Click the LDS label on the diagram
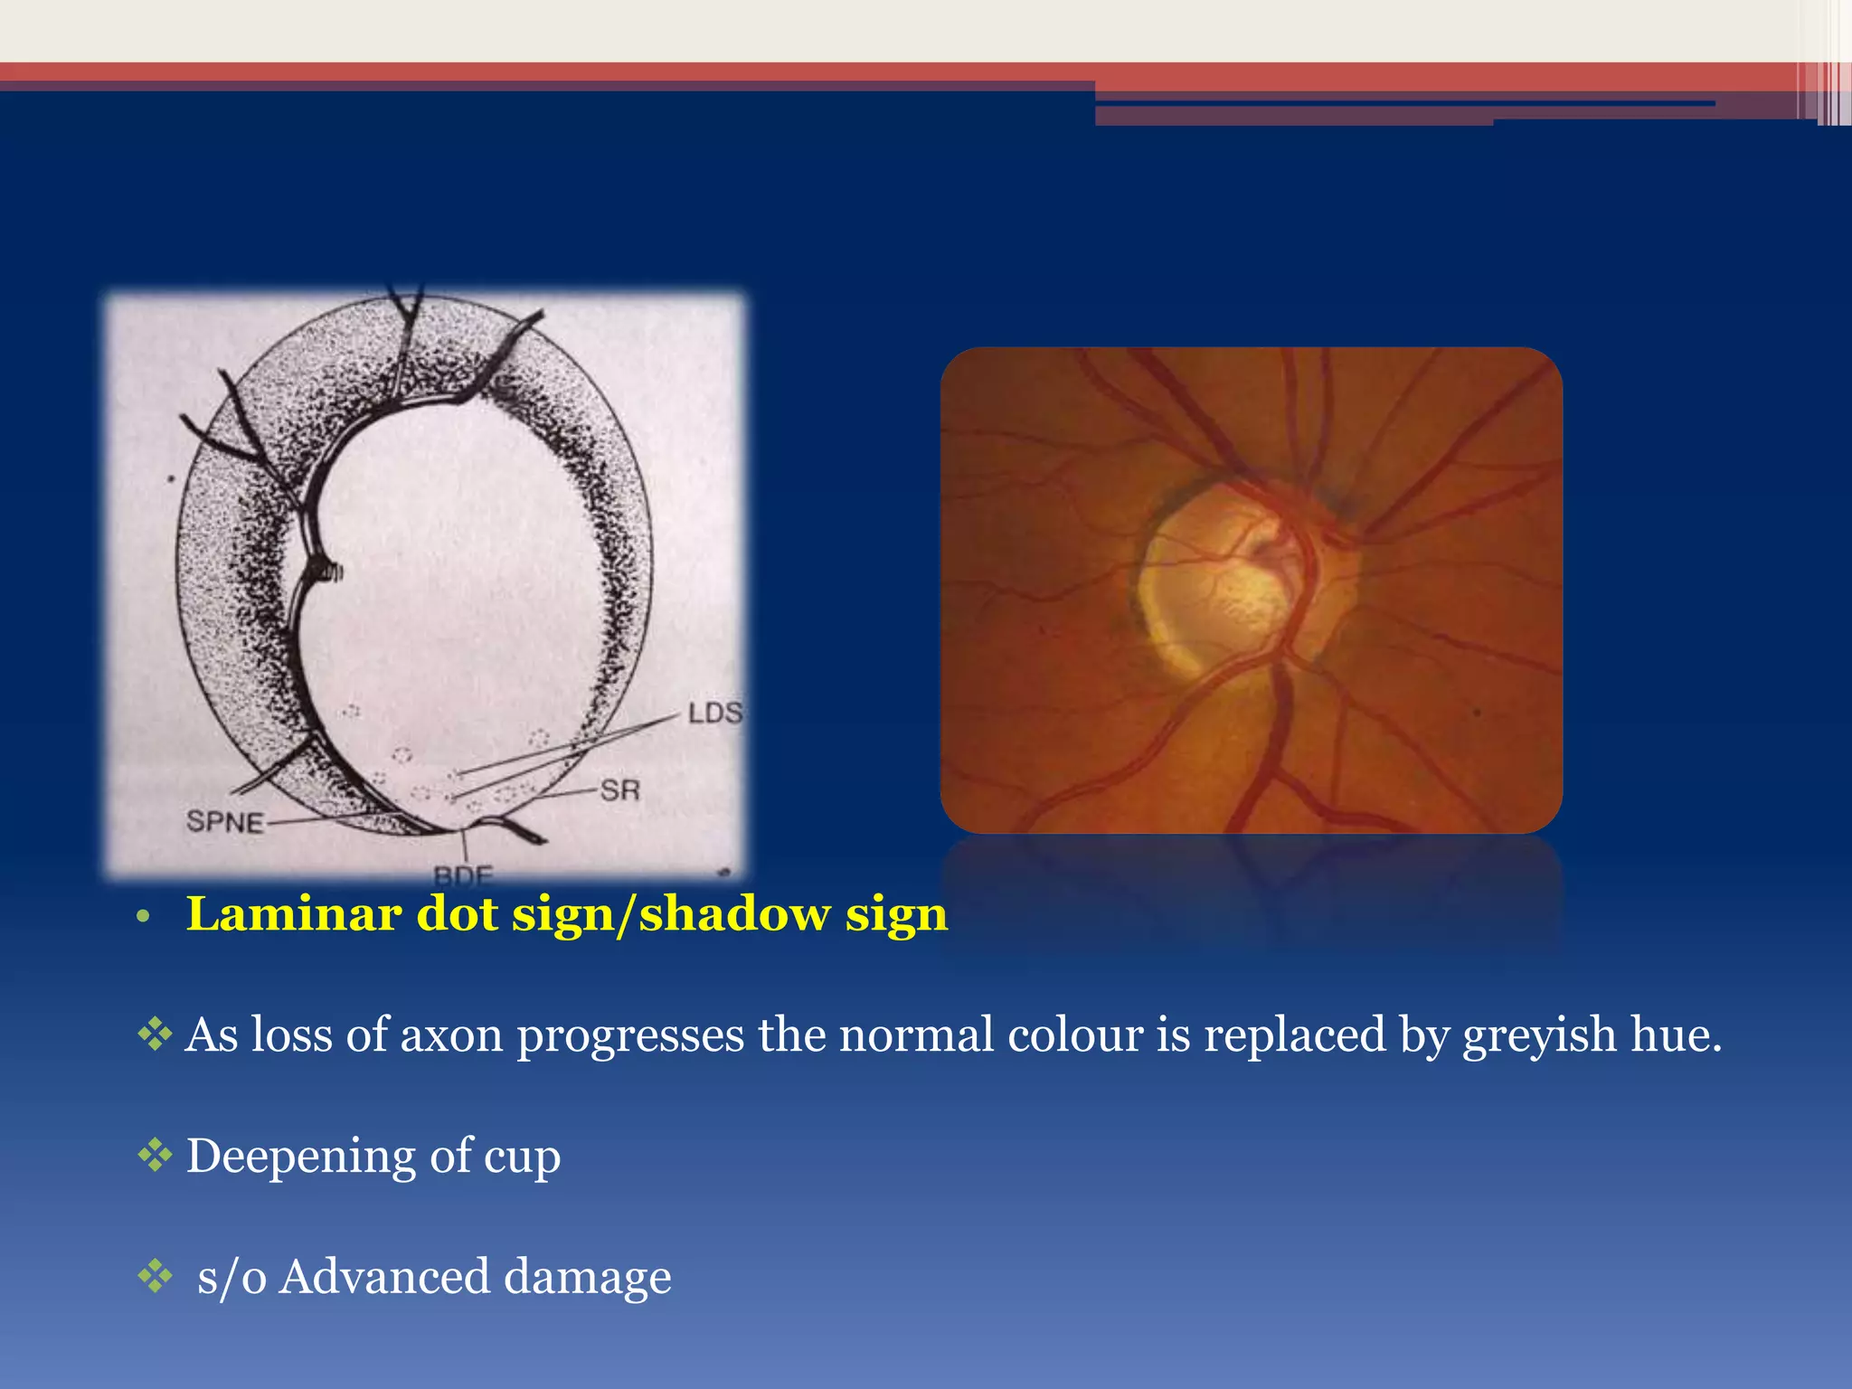(714, 713)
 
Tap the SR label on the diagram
(620, 790)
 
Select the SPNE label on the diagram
(225, 822)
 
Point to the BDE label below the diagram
(463, 875)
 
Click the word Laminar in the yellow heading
(293, 914)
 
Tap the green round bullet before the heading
(142, 918)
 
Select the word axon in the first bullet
(451, 1035)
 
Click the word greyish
(1538, 1035)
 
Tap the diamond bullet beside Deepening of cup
(155, 1155)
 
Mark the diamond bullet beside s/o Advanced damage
(155, 1275)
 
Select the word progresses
(630, 1035)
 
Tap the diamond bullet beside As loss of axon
(155, 1034)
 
